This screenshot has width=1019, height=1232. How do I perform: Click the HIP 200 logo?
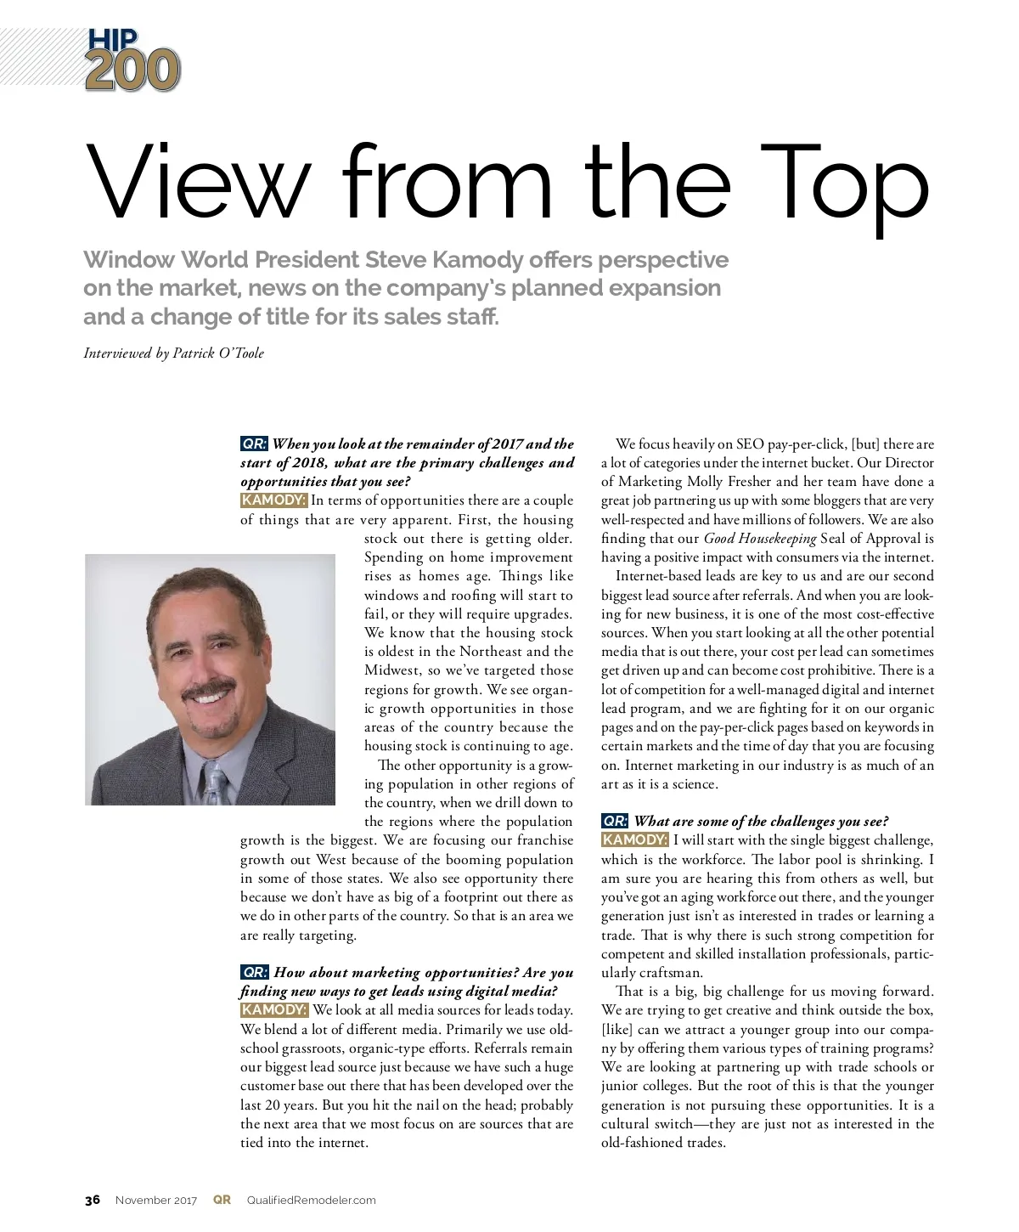[x=132, y=59]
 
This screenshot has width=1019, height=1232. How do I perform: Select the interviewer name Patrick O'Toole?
[x=218, y=353]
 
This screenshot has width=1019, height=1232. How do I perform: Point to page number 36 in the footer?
[x=93, y=1200]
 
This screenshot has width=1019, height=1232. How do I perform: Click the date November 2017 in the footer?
[x=156, y=1201]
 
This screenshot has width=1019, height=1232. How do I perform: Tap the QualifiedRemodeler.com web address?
[x=311, y=1201]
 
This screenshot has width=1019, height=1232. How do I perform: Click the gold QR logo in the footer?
[x=222, y=1200]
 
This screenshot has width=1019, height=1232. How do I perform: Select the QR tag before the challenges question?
[x=615, y=821]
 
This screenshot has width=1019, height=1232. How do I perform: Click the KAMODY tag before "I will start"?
[x=634, y=840]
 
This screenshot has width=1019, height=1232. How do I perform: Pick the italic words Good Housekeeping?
[x=760, y=539]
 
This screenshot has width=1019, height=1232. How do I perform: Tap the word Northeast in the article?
[x=491, y=652]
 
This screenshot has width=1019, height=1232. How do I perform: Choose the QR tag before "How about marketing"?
[x=255, y=972]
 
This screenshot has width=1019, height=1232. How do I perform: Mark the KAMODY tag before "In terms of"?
[x=273, y=500]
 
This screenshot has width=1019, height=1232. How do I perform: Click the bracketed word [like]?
[x=617, y=1030]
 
